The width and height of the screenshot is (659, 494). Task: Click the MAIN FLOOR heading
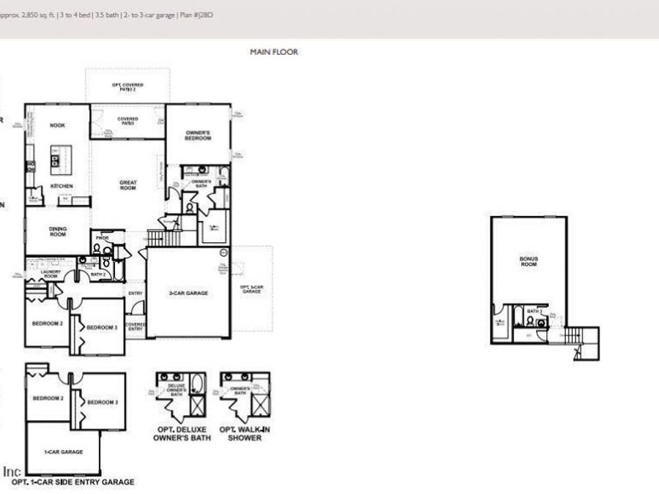[274, 52]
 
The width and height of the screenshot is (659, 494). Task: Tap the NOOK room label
[57, 125]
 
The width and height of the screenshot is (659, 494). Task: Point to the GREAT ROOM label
[128, 185]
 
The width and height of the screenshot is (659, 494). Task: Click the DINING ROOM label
[58, 231]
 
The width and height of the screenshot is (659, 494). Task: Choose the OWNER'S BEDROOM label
[198, 135]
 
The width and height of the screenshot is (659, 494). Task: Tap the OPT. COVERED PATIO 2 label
[127, 87]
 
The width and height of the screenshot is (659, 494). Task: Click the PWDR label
[102, 238]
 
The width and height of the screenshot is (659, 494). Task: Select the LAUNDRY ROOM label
[51, 274]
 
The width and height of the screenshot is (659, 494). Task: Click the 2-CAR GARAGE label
[189, 293]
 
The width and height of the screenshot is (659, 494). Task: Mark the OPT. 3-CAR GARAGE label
[251, 289]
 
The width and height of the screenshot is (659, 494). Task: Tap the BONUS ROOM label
[529, 261]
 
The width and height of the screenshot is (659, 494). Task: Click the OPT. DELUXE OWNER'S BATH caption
[182, 433]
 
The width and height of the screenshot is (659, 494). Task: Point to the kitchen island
[55, 159]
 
